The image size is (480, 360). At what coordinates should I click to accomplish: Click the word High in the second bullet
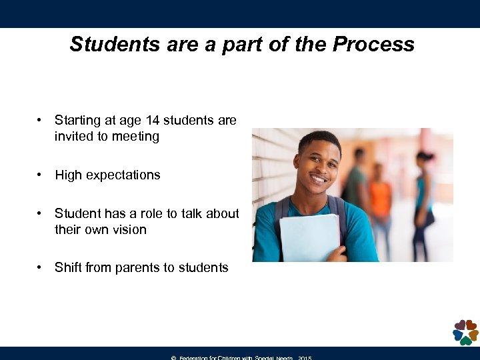69,175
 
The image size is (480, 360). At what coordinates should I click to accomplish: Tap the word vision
129,230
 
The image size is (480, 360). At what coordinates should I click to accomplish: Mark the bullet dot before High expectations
41,175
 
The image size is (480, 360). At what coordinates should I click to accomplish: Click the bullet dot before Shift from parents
41,268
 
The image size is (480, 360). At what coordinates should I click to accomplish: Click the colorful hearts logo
465,331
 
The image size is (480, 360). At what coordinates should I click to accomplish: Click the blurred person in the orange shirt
381,200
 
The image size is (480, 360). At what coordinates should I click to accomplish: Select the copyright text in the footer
241,357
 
